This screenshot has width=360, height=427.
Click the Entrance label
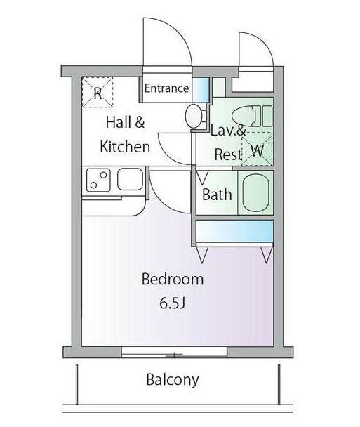pyautogui.click(x=166, y=88)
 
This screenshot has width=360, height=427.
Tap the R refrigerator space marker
pyautogui.click(x=98, y=92)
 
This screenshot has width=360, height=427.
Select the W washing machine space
pyautogui.click(x=257, y=149)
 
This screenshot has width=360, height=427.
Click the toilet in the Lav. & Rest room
pyautogui.click(x=252, y=117)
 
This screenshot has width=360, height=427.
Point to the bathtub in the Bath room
pyautogui.click(x=255, y=193)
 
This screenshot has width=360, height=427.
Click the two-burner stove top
pyautogui.click(x=98, y=180)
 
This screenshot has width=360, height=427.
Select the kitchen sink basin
pyautogui.click(x=130, y=179)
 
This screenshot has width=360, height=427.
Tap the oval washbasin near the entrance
pyautogui.click(x=193, y=116)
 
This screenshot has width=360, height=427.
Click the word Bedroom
pyautogui.click(x=173, y=280)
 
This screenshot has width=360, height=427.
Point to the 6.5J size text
pyautogui.click(x=172, y=303)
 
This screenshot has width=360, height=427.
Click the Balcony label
pyautogui.click(x=173, y=380)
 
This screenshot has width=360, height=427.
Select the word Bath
pyautogui.click(x=217, y=195)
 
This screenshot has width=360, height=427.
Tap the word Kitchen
pyautogui.click(x=125, y=147)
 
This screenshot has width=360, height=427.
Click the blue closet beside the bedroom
pyautogui.click(x=234, y=231)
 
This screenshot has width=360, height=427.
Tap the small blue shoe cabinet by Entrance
pyautogui.click(x=201, y=90)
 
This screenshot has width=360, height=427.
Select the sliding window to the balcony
pyautogui.click(x=174, y=352)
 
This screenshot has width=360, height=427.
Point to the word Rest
pyautogui.click(x=228, y=155)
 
